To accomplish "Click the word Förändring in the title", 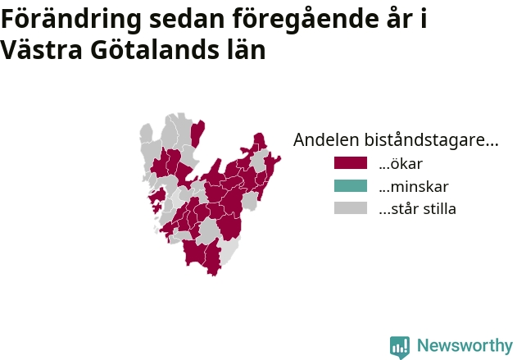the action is click(x=71, y=20).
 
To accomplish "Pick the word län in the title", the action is click(x=246, y=49).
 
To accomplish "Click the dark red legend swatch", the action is click(x=350, y=163).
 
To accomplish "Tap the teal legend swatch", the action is click(x=350, y=186).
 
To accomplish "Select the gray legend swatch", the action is click(x=350, y=208).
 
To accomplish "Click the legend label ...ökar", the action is click(x=401, y=164).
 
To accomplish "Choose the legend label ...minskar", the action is click(x=414, y=186).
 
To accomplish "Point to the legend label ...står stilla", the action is click(x=417, y=209).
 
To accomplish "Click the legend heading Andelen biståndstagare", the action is click(x=396, y=139).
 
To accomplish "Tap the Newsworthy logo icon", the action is click(x=400, y=348).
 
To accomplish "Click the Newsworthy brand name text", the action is click(x=465, y=345).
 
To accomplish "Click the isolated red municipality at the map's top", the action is click(x=197, y=134).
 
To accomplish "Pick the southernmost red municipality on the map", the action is click(x=213, y=257).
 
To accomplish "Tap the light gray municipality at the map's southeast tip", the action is click(x=229, y=251).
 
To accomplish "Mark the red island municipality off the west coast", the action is click(x=157, y=197).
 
